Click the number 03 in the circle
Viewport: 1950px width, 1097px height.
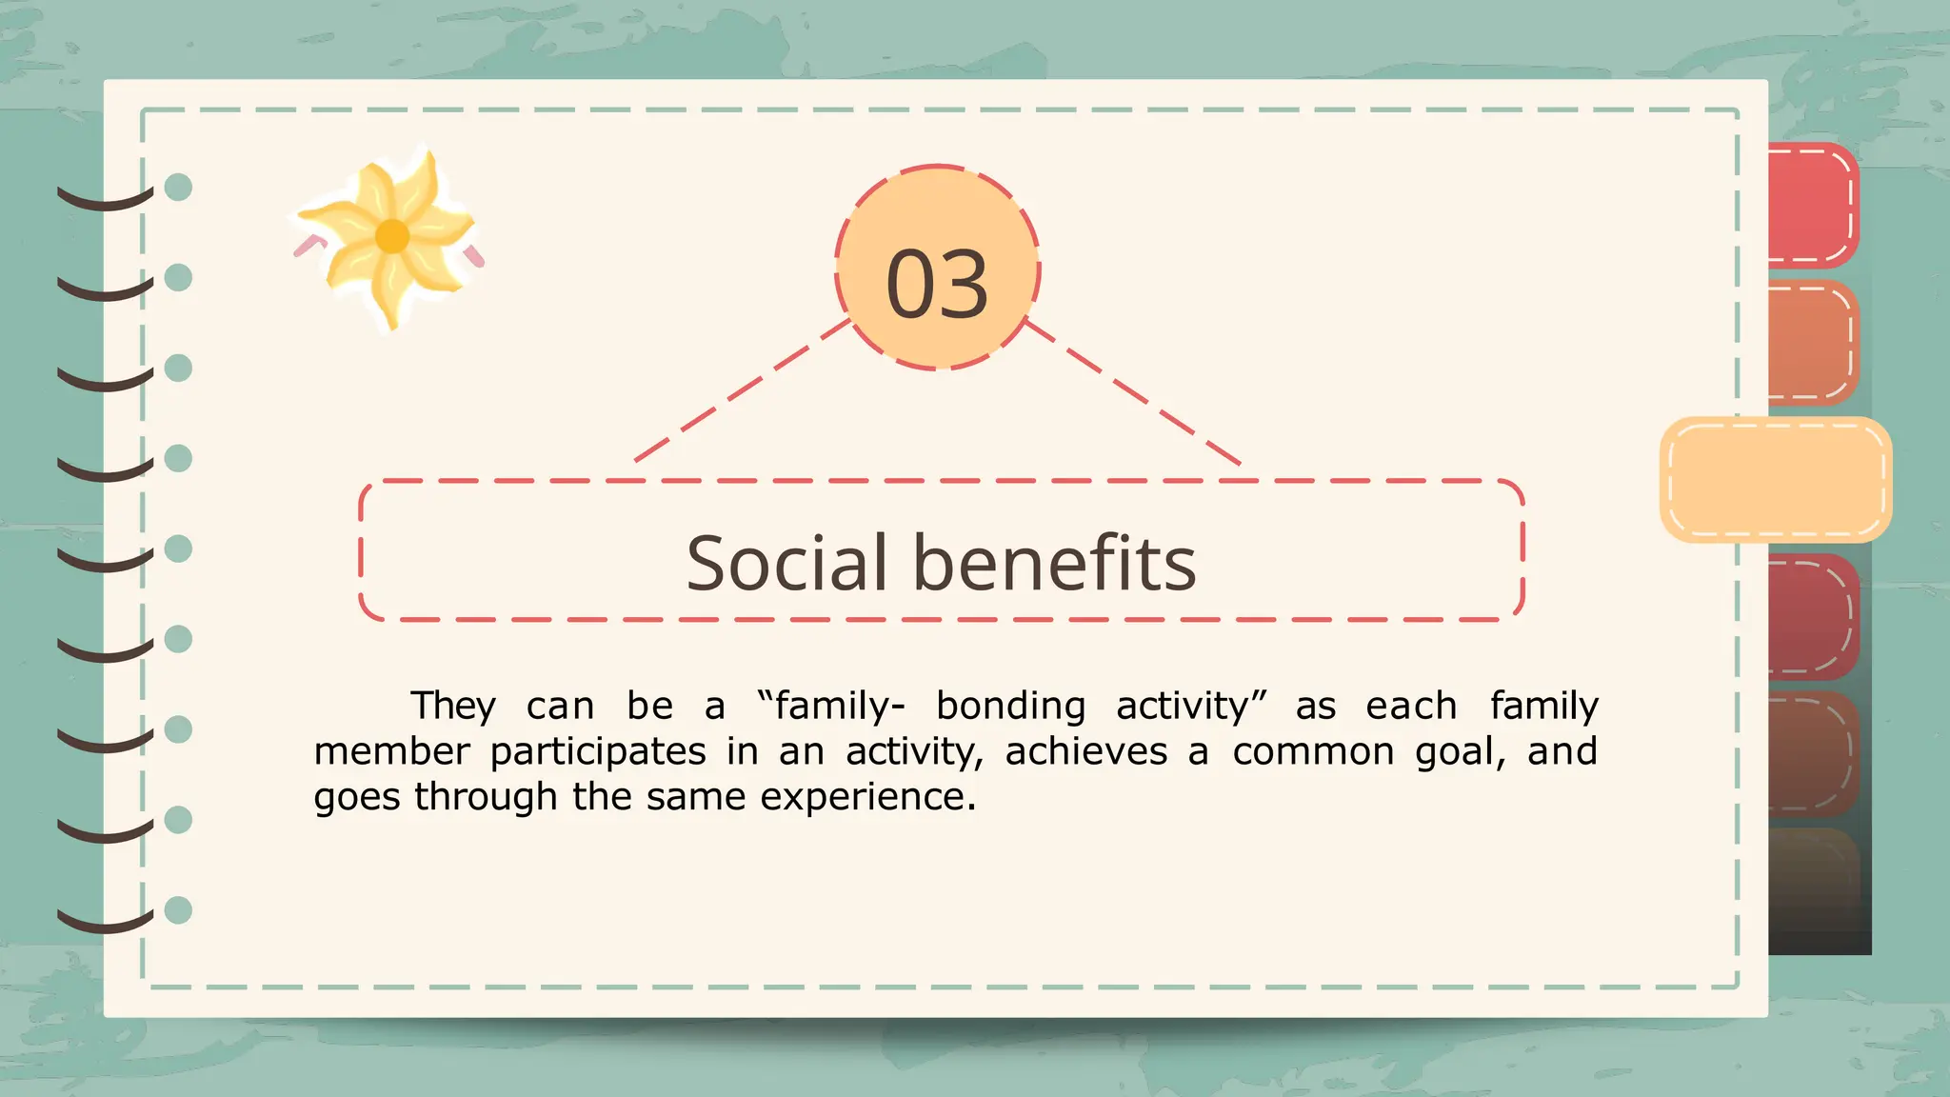pos(937,283)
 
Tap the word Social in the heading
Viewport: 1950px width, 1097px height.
pos(786,563)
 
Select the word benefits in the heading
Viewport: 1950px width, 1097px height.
pos(1054,563)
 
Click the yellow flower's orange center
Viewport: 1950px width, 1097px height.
pos(392,235)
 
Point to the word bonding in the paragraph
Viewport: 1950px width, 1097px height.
pos(1010,707)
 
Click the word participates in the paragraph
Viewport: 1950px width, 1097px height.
pos(598,752)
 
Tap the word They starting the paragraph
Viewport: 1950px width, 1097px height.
pos(453,707)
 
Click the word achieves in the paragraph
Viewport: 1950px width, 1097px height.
pos(1085,752)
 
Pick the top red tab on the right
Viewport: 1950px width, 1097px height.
pos(1812,205)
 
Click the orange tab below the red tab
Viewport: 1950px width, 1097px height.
pos(1812,342)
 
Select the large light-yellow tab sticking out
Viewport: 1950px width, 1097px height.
pos(1776,479)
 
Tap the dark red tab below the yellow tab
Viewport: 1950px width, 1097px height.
pos(1812,616)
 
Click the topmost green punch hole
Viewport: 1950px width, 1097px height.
pos(178,187)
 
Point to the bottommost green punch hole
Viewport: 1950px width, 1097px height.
pos(178,910)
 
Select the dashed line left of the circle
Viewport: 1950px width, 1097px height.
pos(742,391)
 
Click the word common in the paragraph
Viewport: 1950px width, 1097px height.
pos(1313,752)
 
